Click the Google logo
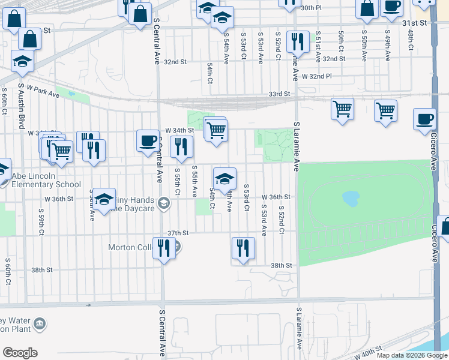(20, 353)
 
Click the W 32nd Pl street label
(316, 77)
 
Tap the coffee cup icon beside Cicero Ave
(425, 119)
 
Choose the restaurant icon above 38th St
(243, 248)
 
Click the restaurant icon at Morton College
(164, 248)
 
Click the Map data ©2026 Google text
(412, 355)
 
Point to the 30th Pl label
(312, 8)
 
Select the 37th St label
(178, 233)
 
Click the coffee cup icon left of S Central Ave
(148, 142)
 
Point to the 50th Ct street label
(341, 41)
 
